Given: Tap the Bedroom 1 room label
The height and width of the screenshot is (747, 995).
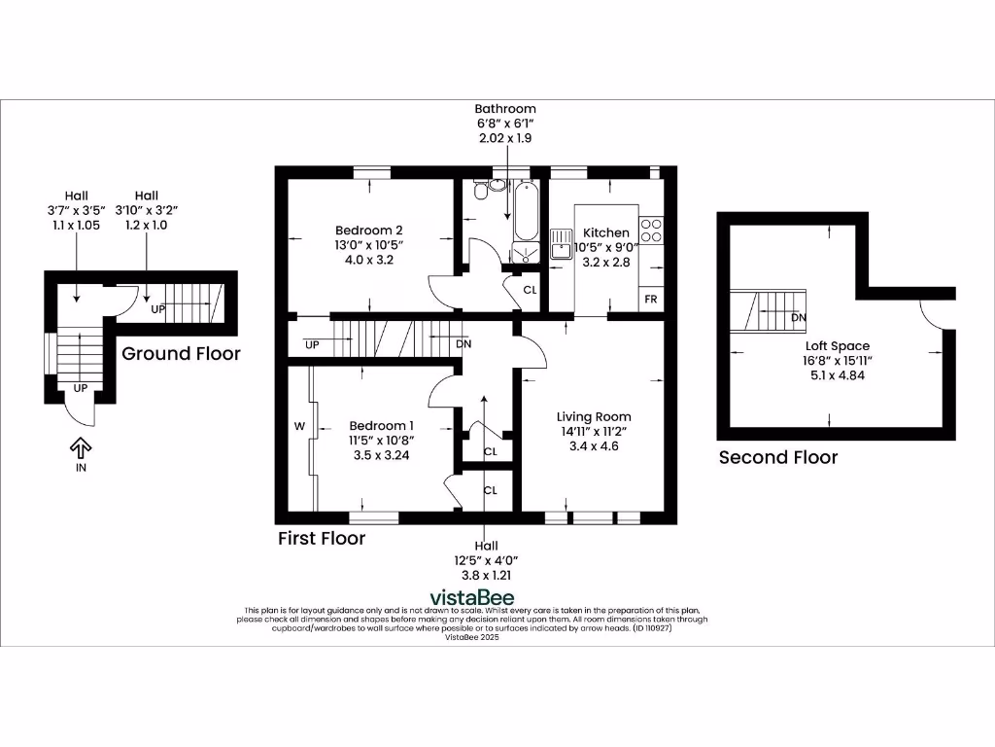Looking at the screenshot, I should [x=381, y=426].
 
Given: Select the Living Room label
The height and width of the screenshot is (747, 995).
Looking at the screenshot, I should [x=593, y=416].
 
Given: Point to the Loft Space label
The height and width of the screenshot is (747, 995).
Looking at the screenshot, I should [x=837, y=345].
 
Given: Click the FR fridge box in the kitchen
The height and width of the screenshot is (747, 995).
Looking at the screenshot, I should [x=650, y=299].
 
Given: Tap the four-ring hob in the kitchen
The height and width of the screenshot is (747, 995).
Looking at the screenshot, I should [x=651, y=231].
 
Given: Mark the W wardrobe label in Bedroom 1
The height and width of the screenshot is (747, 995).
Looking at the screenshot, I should [x=299, y=426].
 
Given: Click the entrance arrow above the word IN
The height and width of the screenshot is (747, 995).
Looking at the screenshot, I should [x=81, y=447].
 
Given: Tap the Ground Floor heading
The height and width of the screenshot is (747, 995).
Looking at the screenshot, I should [x=181, y=353].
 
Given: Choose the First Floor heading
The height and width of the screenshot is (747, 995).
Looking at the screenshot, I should [x=322, y=538].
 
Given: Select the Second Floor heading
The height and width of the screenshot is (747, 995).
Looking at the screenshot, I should [x=777, y=457].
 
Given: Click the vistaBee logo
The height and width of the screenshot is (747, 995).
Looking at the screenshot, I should [x=472, y=597].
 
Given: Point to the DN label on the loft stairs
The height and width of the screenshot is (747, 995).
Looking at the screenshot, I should [x=798, y=317].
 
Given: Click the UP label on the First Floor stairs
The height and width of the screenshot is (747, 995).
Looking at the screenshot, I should [x=312, y=344].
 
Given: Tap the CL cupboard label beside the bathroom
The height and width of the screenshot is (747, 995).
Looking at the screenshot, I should [x=530, y=290].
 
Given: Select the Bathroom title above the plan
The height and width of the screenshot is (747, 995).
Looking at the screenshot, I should [x=504, y=109].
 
